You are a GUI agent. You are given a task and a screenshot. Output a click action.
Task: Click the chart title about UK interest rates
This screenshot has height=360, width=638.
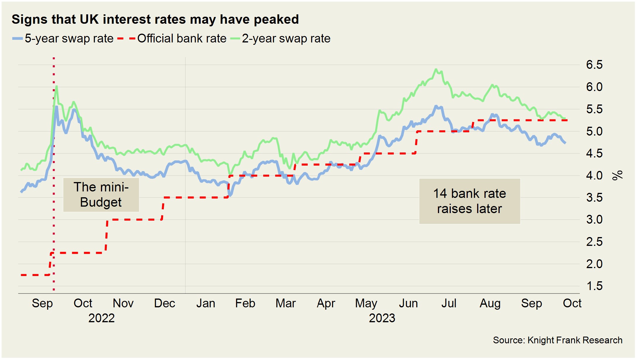[x=155, y=20]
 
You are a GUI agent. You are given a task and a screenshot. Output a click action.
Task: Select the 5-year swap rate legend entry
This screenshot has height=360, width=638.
[x=63, y=39]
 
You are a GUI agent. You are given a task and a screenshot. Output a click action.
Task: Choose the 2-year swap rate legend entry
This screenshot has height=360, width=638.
[x=281, y=39]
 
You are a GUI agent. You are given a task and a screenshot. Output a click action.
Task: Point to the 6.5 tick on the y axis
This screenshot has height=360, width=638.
[x=594, y=65]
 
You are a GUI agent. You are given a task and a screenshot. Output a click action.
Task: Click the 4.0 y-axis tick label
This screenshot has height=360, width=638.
[x=594, y=176]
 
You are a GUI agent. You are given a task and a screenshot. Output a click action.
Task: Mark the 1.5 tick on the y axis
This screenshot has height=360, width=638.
[x=594, y=286]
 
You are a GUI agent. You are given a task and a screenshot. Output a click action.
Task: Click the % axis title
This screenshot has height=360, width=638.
[x=617, y=175]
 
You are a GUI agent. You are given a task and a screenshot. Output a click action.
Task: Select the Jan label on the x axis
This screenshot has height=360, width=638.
[x=206, y=303]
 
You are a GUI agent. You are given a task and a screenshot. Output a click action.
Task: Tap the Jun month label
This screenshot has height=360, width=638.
[x=408, y=303]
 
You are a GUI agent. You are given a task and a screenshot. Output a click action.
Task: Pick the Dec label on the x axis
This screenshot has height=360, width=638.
[x=164, y=303]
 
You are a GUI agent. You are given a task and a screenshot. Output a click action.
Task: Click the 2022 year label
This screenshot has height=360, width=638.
[x=102, y=318]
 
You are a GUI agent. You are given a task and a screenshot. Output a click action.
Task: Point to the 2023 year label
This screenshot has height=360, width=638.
[x=382, y=318]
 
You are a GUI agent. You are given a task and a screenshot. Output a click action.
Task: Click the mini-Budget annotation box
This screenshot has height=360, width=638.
[x=101, y=195]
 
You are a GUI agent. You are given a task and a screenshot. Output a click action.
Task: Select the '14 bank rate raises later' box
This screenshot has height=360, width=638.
[x=470, y=201]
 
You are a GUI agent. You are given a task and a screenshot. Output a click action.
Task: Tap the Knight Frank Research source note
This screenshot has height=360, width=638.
[x=557, y=340]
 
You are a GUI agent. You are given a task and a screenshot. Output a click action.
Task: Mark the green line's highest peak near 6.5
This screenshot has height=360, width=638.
[x=436, y=70]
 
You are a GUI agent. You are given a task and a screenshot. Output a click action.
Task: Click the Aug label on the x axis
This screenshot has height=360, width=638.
[x=490, y=303]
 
